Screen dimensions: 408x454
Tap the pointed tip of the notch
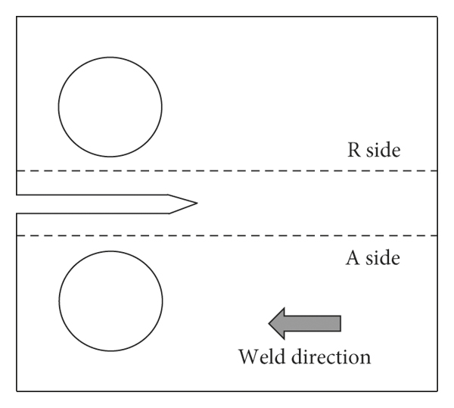point(197,203)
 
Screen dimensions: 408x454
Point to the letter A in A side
point(352,258)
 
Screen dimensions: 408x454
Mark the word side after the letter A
point(383,258)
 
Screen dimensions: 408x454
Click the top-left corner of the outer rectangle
point(17,16)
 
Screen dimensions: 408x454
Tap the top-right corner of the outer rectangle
point(439,16)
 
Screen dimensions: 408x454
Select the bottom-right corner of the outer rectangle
point(439,391)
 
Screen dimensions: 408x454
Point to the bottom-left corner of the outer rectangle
point(17,391)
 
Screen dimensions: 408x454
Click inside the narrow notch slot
point(91,204)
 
